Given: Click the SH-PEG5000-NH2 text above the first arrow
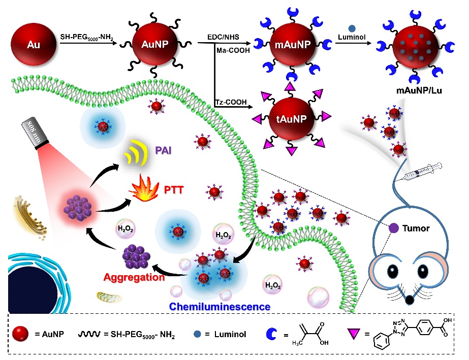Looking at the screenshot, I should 89,37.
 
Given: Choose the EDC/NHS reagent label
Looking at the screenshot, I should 224,37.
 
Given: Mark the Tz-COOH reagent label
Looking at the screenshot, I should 232,103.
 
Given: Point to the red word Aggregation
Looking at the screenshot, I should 134,278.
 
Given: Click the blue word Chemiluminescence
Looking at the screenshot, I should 219,306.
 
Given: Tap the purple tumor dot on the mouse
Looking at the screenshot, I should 392,228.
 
